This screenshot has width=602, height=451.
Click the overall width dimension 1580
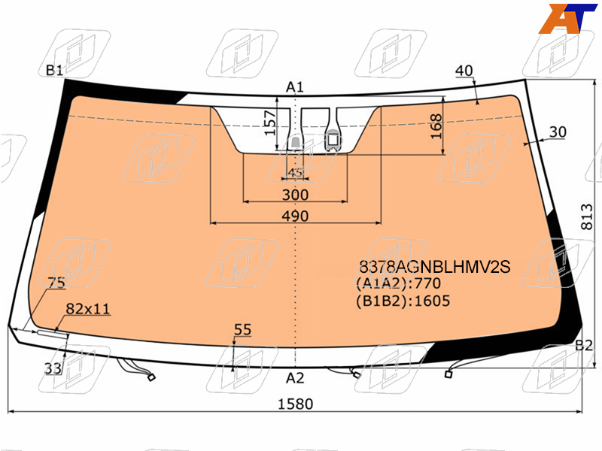295,404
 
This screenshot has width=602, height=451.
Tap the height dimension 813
587,216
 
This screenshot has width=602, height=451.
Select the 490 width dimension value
295,216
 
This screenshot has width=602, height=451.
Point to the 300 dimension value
295,195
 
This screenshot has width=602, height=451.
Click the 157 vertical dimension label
271,123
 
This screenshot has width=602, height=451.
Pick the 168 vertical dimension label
436,126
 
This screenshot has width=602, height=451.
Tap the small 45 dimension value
295,173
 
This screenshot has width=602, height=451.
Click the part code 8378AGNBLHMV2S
435,267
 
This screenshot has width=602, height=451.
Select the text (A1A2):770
399,283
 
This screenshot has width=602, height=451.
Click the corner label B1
54,70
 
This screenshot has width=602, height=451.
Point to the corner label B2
584,346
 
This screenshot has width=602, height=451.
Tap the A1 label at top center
295,87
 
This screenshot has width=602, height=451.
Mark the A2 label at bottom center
295,378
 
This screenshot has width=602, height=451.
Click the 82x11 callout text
88,309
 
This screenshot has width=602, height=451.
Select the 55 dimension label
242,329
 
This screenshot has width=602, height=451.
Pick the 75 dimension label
56,283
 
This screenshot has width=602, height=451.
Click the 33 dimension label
53,368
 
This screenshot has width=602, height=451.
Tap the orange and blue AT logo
567,18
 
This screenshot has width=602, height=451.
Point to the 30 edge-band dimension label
558,132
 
